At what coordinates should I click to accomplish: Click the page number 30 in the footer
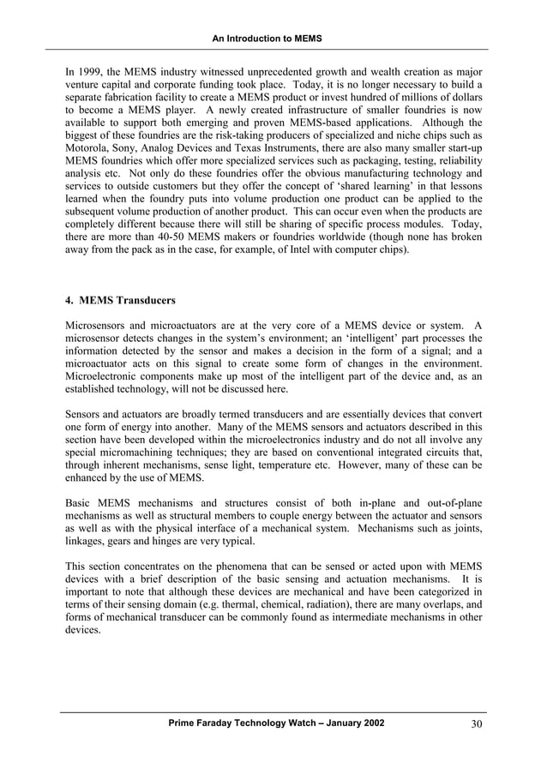(x=478, y=724)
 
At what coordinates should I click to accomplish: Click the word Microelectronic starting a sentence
(x=108, y=376)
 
